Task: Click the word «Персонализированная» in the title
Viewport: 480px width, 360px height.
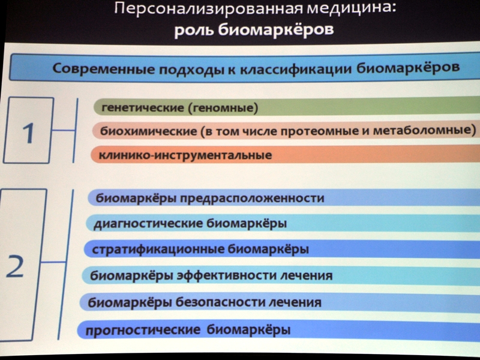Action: tap(209, 8)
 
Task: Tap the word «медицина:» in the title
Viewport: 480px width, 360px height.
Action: tap(352, 8)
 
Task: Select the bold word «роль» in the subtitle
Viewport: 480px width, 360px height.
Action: tap(194, 30)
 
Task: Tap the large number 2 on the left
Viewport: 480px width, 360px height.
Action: tap(14, 266)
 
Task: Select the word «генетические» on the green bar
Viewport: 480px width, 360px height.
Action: tap(143, 108)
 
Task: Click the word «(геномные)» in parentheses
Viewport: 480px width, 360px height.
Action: tap(223, 108)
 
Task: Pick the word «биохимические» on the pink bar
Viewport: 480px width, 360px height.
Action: tap(149, 131)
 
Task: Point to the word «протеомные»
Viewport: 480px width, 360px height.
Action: tap(319, 131)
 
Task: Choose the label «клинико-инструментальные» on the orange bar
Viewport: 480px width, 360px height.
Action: tap(185, 155)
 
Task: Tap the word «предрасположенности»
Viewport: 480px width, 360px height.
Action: tap(251, 199)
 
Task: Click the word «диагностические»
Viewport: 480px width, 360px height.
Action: tap(148, 223)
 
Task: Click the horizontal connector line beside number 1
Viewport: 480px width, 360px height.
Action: tap(64, 130)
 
